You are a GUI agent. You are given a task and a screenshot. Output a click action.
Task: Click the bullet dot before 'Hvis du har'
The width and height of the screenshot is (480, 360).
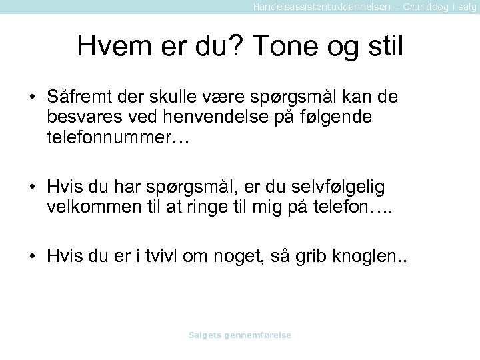(31, 187)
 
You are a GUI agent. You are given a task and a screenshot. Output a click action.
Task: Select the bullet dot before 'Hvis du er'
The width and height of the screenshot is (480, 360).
(31, 257)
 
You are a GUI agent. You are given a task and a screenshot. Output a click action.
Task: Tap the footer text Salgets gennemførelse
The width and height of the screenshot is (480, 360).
(240, 335)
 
